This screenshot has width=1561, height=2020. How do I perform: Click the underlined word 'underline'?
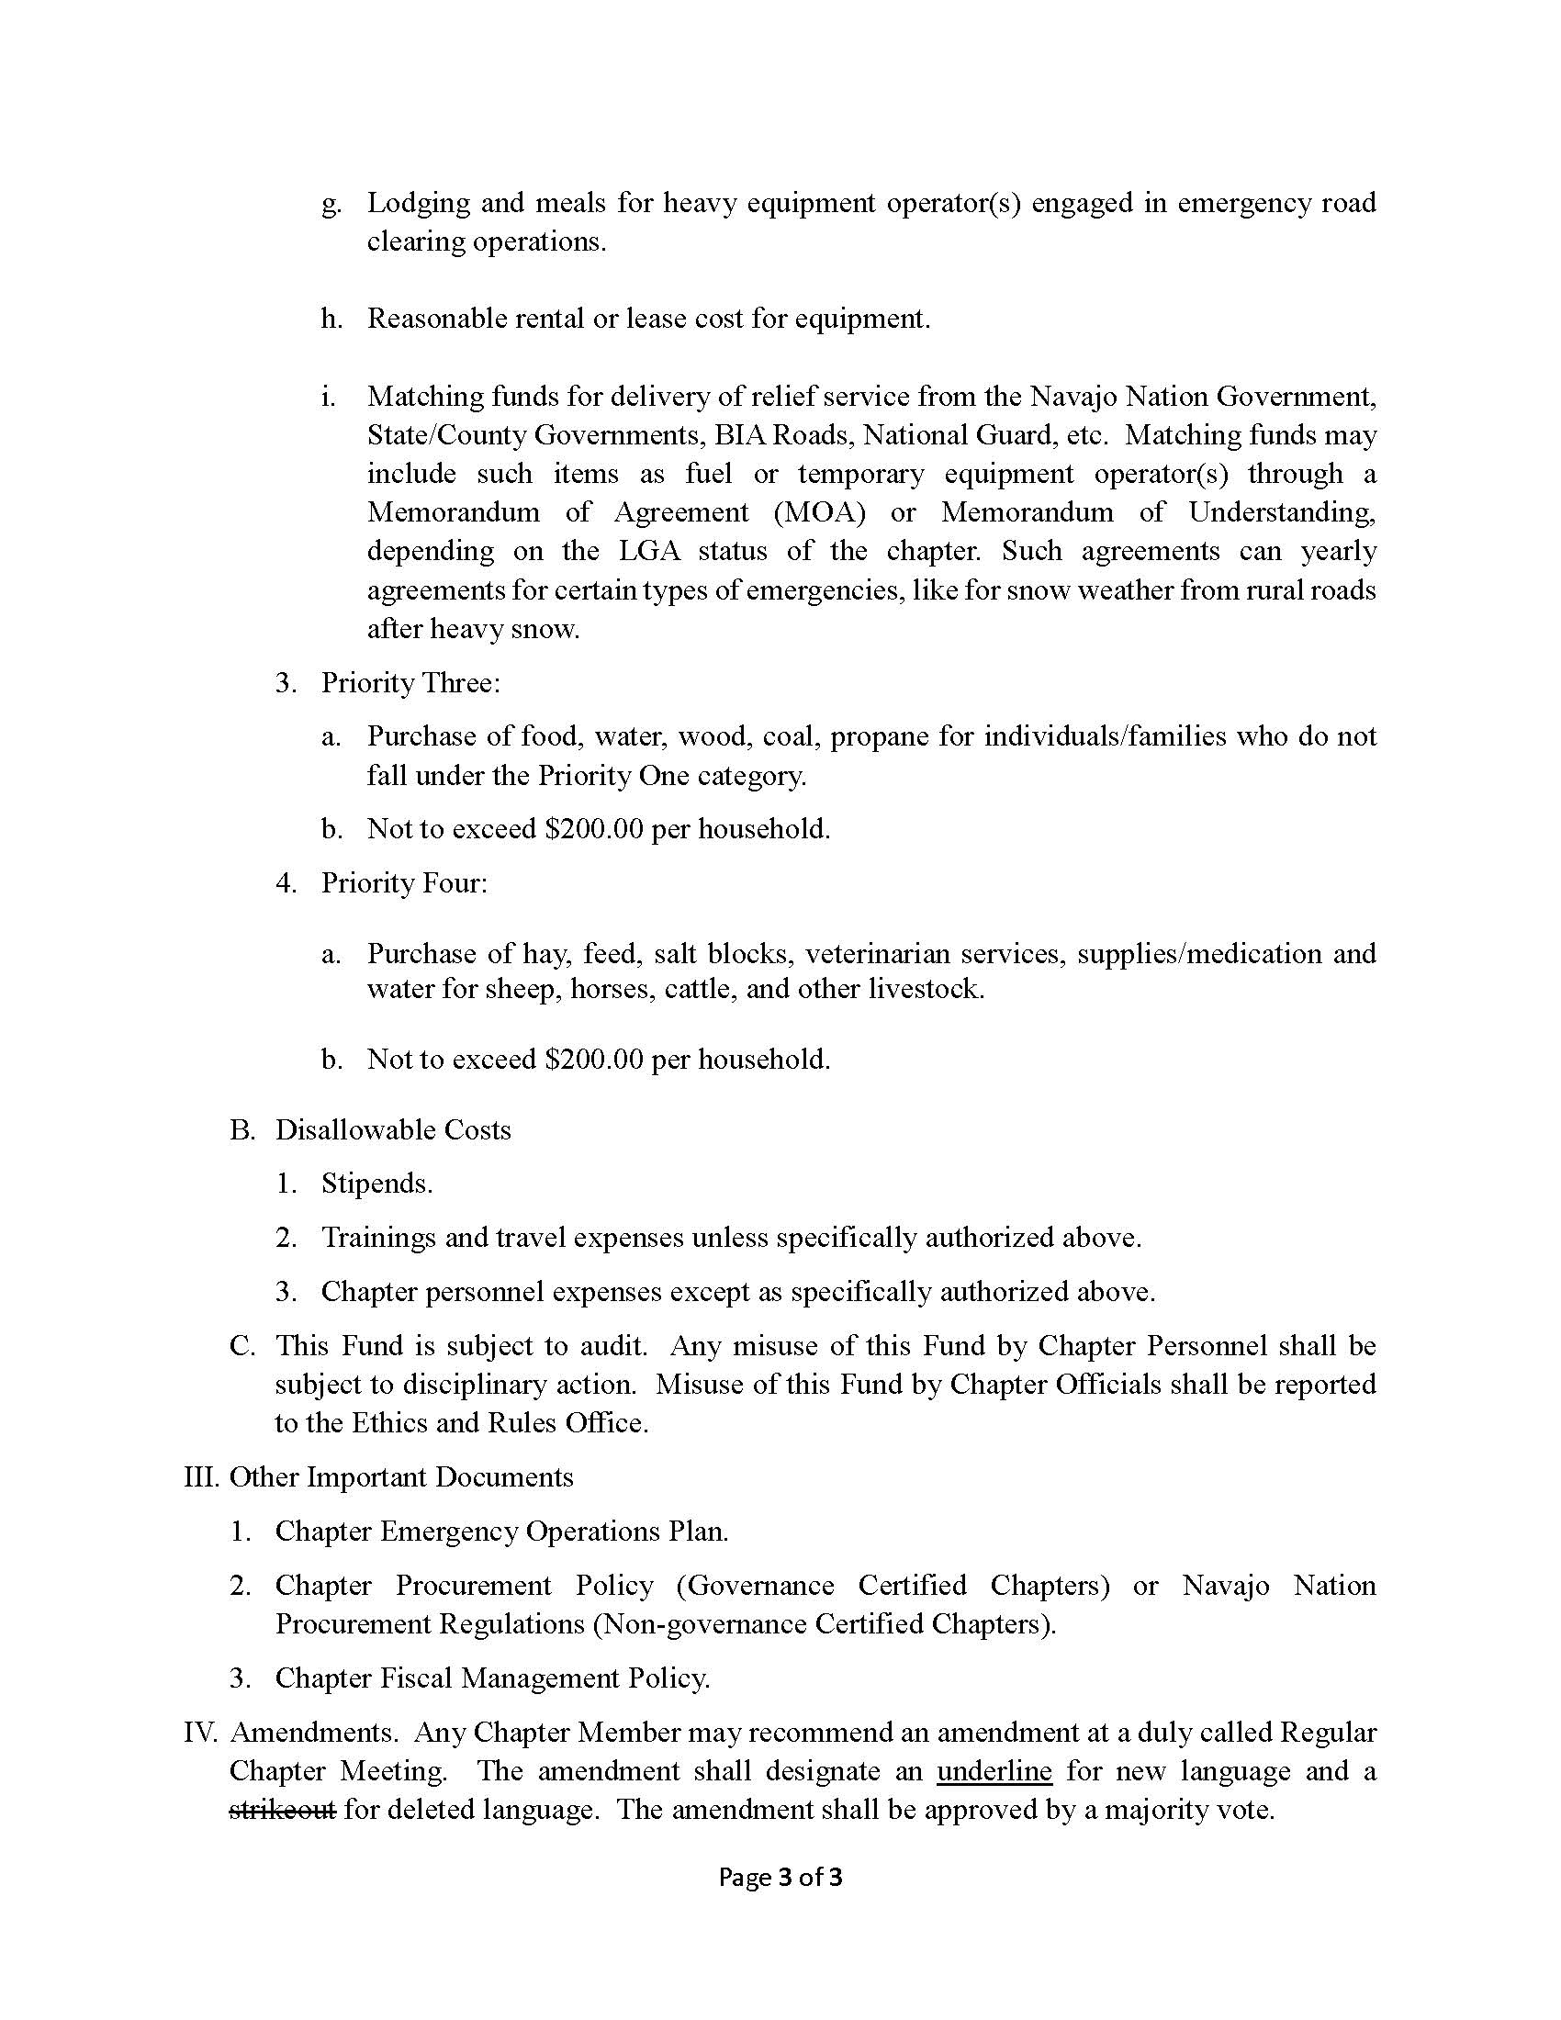point(994,1770)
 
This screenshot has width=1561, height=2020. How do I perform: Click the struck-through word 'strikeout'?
point(282,1809)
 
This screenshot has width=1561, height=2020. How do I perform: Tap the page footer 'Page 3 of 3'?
point(780,1878)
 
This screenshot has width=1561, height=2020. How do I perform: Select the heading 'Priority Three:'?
point(410,682)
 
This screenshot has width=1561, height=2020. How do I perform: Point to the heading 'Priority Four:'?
point(404,882)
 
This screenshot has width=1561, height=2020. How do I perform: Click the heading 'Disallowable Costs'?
point(393,1129)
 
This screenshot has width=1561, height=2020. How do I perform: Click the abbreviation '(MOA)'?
point(819,511)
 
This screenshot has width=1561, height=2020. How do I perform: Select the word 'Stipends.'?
point(377,1183)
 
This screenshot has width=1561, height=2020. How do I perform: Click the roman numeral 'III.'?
point(201,1477)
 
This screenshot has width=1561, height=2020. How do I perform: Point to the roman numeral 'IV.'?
point(200,1732)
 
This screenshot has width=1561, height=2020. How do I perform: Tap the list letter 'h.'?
point(332,320)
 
